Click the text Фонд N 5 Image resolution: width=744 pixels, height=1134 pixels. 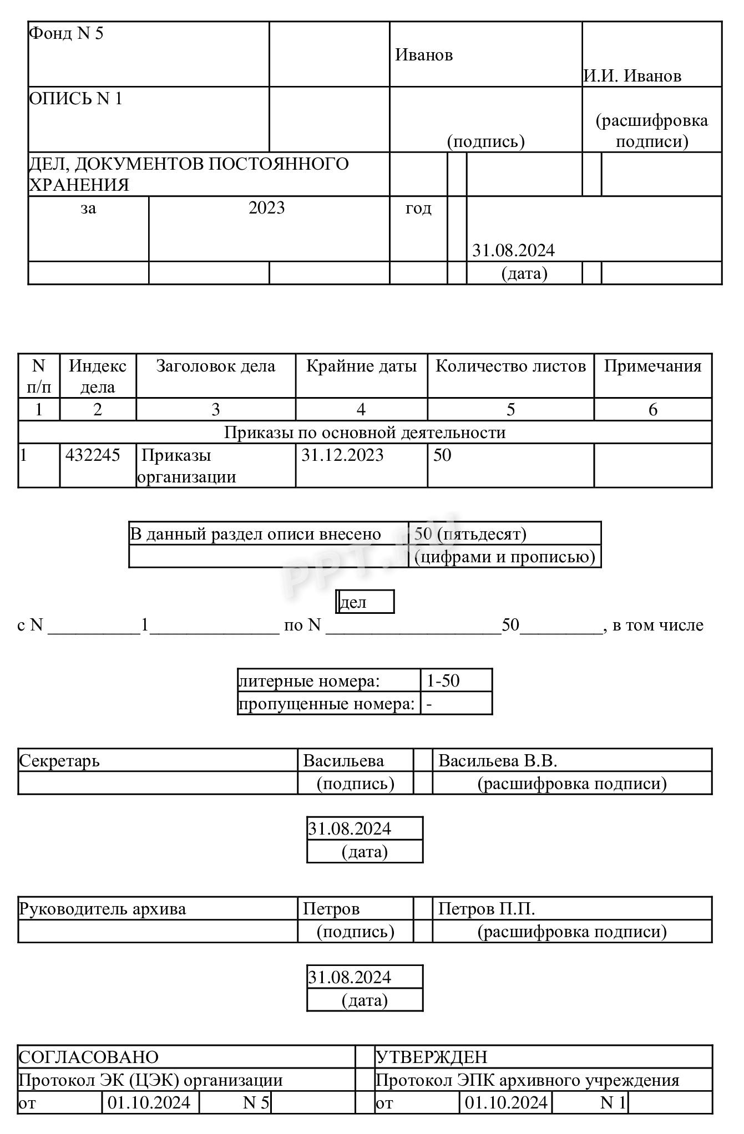click(x=66, y=33)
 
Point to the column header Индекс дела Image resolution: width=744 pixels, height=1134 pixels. click(x=97, y=376)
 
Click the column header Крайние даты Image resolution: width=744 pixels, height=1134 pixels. click(x=361, y=366)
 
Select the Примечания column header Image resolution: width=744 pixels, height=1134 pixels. click(x=652, y=366)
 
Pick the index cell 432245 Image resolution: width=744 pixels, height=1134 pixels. click(x=93, y=455)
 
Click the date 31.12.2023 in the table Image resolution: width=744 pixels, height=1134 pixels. click(x=342, y=455)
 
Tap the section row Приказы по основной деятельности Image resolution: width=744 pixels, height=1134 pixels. click(x=365, y=432)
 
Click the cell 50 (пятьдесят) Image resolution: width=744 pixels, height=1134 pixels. click(x=470, y=533)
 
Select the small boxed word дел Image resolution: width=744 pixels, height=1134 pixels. click(x=353, y=602)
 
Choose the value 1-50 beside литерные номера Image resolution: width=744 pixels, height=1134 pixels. click(x=443, y=680)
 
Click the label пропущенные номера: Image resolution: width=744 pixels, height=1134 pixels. click(x=327, y=704)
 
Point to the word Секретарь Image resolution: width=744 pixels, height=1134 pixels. click(x=59, y=760)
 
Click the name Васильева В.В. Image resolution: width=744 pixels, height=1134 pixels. click(x=497, y=760)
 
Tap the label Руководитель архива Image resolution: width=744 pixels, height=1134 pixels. click(x=103, y=909)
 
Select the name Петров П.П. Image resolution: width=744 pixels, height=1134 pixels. click(x=486, y=909)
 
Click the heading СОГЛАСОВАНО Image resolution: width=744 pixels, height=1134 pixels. click(x=89, y=1057)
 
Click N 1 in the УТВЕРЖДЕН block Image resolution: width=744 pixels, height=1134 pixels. click(x=613, y=1102)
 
